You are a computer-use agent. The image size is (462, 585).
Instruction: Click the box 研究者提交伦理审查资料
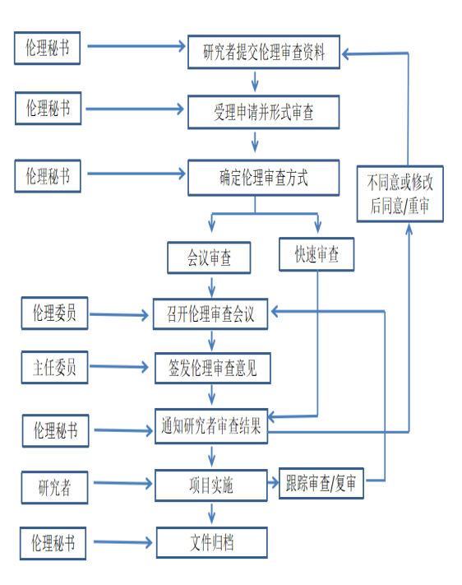[x=264, y=52]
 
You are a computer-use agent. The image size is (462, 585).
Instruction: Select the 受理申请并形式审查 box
[x=264, y=112]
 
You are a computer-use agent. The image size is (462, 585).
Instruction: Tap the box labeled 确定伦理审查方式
[x=264, y=178]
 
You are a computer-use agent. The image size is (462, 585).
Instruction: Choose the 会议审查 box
[x=209, y=258]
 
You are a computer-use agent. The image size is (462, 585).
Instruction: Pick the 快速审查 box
[x=316, y=254]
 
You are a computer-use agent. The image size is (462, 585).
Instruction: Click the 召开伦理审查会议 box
[x=210, y=313]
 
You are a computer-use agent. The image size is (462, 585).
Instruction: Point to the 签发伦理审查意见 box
[x=213, y=369]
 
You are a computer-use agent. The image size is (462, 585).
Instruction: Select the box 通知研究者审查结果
[x=211, y=426]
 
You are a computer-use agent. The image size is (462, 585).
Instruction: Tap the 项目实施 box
[x=211, y=485]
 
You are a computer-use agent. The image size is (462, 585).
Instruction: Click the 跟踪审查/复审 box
[x=321, y=484]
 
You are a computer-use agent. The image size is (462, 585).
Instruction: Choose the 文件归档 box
[x=212, y=542]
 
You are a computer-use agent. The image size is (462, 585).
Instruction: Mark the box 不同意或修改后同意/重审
[x=400, y=194]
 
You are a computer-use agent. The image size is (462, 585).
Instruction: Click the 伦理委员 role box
[x=54, y=313]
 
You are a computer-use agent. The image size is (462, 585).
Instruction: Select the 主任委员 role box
[x=54, y=368]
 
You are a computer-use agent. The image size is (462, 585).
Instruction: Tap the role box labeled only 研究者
[x=54, y=488]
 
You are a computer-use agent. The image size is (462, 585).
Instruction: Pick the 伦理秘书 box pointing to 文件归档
[x=53, y=543]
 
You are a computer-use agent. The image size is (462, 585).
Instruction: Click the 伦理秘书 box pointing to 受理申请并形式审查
[x=49, y=108]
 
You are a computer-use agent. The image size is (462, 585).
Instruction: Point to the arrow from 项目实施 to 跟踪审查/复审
[x=273, y=483]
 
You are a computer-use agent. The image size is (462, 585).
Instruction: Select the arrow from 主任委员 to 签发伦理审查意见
[x=119, y=367]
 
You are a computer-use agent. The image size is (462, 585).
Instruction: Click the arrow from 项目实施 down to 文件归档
[x=212, y=513]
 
